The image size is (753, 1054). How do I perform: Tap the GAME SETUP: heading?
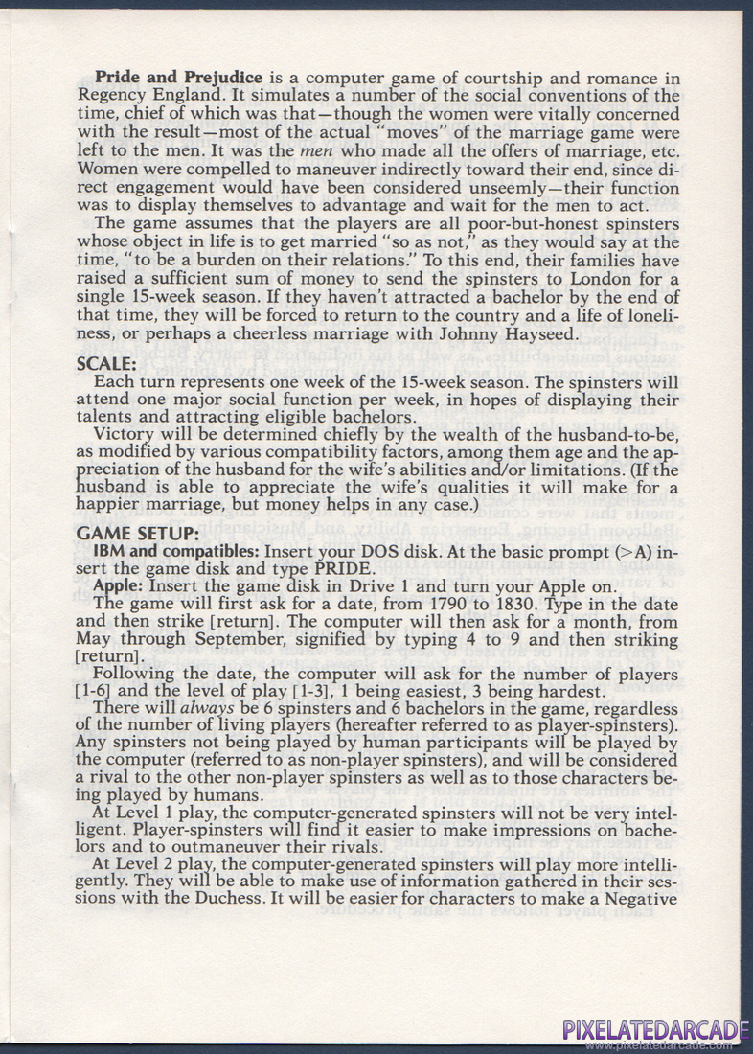137,533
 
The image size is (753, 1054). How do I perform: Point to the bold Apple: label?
118,586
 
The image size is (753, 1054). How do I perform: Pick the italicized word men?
316,149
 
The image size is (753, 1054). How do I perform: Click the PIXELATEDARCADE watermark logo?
654,1030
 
